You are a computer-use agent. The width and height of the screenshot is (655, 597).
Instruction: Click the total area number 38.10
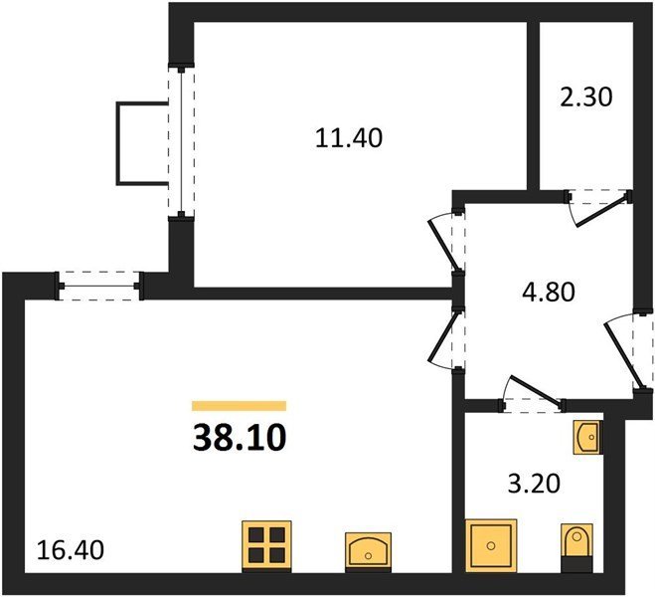pos(240,438)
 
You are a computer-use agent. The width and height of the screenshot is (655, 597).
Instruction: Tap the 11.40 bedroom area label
pos(349,138)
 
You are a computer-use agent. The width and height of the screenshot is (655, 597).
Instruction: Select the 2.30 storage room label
pos(586,98)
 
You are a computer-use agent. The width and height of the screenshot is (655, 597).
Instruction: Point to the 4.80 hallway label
pos(549,292)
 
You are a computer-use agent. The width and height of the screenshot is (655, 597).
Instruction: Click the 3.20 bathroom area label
pos(534,485)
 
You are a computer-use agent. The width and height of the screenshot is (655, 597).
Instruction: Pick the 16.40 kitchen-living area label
pos(71,550)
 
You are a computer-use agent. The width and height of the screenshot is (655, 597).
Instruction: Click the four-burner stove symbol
pos(267,546)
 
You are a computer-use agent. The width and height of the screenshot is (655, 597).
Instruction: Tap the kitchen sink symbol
pos(368,552)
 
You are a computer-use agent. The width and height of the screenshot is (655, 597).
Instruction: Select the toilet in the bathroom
pos(576,547)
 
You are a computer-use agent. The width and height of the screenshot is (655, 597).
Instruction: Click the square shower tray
pos(491,545)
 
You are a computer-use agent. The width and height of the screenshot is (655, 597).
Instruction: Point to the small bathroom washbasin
pos(587,437)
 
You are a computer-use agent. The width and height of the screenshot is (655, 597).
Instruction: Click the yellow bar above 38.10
pos(240,406)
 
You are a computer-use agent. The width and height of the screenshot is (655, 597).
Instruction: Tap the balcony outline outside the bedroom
pos(118,142)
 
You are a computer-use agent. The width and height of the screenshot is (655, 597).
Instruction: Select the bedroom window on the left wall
pos(181,142)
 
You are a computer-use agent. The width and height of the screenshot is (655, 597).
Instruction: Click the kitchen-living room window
pos(99,287)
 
